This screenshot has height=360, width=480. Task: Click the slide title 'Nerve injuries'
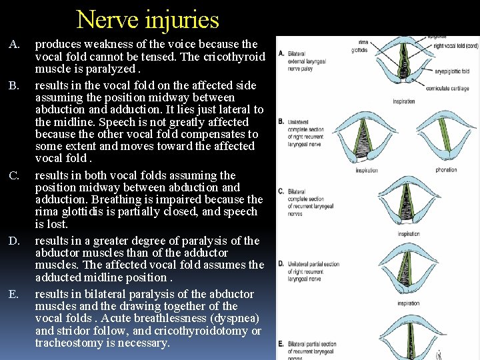click(x=147, y=19)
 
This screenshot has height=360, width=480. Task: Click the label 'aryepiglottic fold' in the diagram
click(x=452, y=71)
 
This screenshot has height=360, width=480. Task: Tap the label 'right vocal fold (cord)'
click(x=445, y=45)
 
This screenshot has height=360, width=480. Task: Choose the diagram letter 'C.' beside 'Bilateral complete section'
click(x=281, y=191)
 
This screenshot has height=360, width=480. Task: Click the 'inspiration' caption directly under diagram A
click(x=403, y=101)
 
